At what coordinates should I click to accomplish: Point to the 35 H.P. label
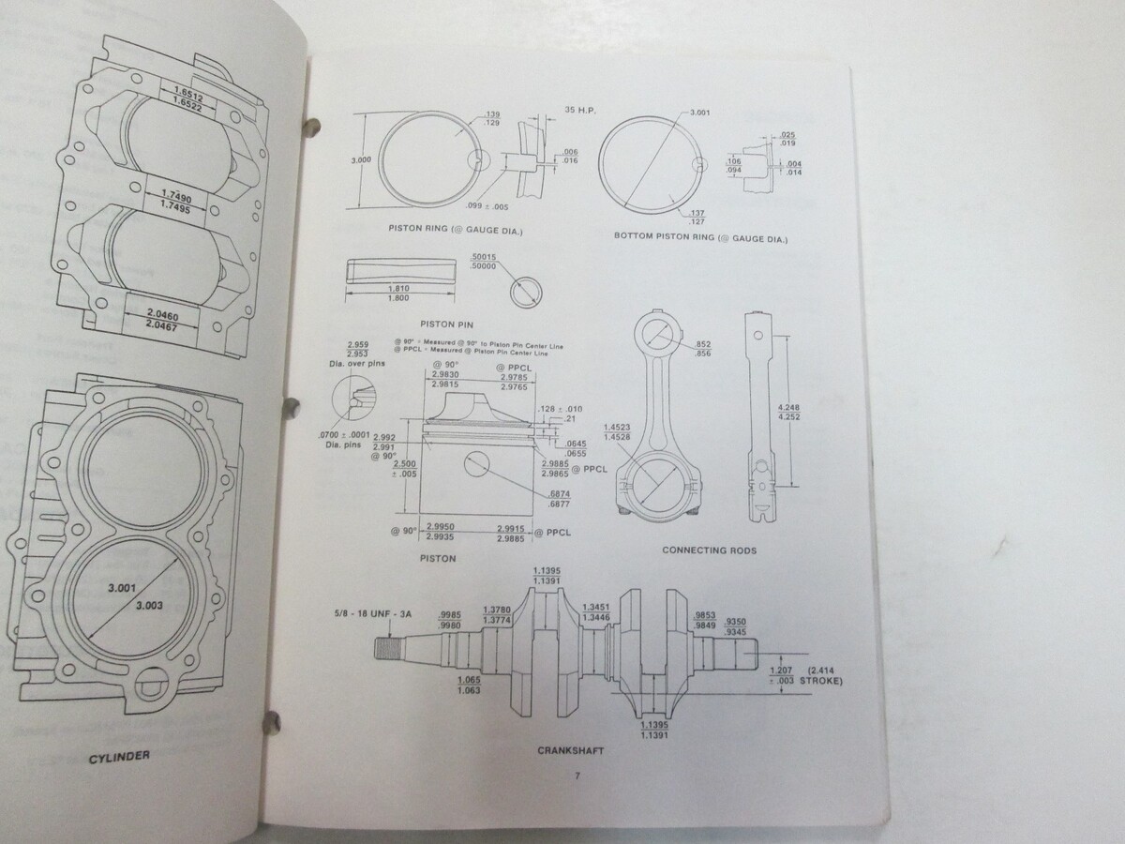click(582, 110)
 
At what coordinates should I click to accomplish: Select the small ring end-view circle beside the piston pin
click(526, 291)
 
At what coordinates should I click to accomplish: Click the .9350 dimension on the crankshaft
click(732, 621)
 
